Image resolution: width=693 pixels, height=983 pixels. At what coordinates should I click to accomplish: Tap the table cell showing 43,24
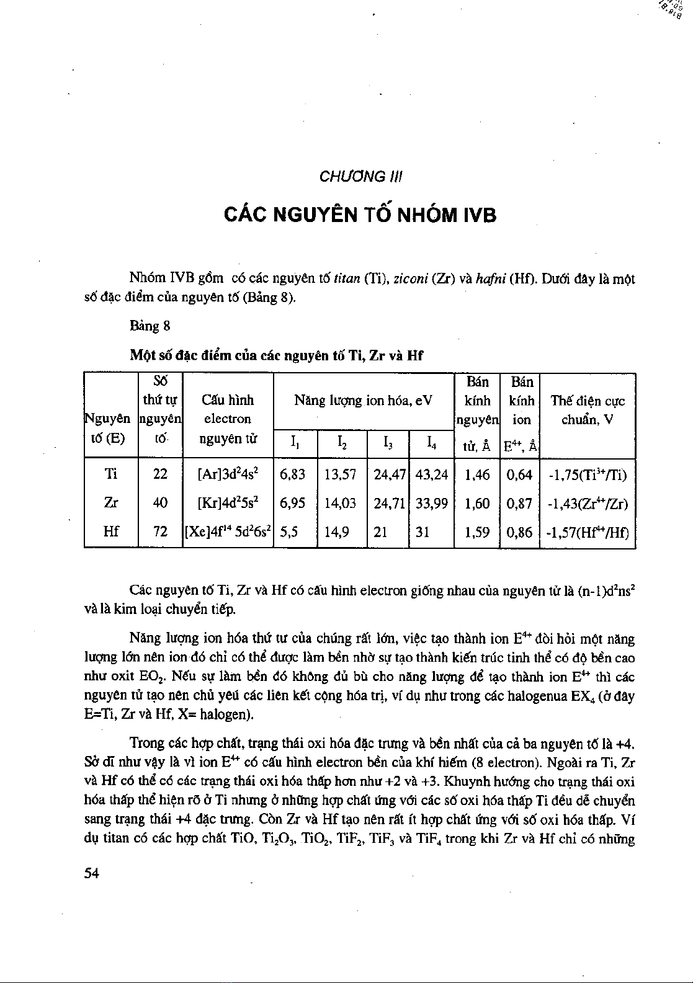coord(431,475)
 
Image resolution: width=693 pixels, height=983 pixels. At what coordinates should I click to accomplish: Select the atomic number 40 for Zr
coord(160,503)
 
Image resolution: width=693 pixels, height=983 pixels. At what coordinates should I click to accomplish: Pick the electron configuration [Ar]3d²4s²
coord(228,475)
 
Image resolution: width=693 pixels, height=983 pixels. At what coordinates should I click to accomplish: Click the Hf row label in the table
coord(111,532)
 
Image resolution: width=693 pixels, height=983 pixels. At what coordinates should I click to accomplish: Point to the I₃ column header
coord(388,442)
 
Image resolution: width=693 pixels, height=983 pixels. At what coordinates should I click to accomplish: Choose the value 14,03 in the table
coord(340,503)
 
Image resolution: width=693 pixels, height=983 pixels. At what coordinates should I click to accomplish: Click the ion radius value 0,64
coord(520,475)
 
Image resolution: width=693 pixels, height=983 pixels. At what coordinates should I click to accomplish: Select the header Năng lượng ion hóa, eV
coord(363,401)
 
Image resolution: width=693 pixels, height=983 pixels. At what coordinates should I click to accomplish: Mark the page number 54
coord(92,873)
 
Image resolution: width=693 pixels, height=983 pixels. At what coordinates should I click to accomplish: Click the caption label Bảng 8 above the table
coord(150,326)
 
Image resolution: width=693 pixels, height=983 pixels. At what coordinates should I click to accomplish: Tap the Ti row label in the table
coord(111,475)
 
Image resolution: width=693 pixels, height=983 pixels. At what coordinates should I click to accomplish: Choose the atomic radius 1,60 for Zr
coord(477,503)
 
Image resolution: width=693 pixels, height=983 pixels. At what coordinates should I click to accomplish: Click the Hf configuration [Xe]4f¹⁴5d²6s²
coord(228,532)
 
